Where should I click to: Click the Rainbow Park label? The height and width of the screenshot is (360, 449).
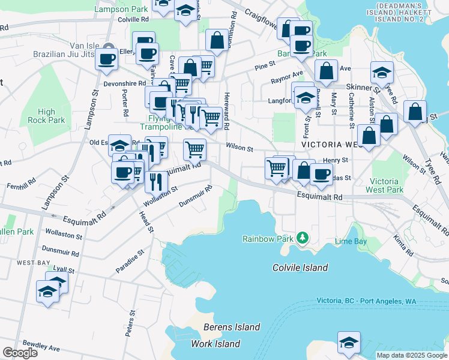(267, 239)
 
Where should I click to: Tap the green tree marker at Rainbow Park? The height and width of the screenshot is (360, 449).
(303, 239)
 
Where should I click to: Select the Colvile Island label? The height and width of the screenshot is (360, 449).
(300, 268)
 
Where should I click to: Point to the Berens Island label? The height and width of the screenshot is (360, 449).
(232, 327)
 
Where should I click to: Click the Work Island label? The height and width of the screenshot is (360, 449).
(215, 344)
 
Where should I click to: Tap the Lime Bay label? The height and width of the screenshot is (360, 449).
(351, 241)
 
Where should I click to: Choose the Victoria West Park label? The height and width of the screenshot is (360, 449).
(384, 185)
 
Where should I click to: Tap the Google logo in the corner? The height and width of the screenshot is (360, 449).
(20, 353)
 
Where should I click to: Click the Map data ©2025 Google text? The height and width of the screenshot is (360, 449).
(412, 355)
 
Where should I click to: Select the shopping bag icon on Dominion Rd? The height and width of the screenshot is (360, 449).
(217, 40)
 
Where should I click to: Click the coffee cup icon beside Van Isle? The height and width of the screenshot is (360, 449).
(107, 59)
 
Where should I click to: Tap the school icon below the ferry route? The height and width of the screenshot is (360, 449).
(348, 341)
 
